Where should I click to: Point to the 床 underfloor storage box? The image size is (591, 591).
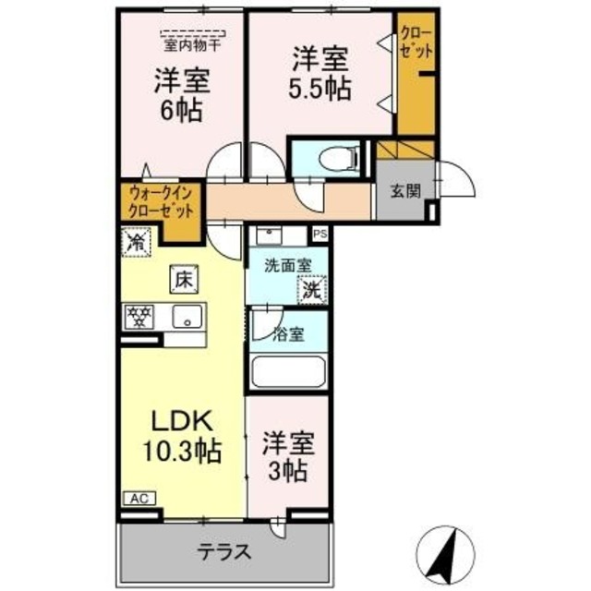[182, 276]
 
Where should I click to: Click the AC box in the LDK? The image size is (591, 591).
[139, 499]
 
